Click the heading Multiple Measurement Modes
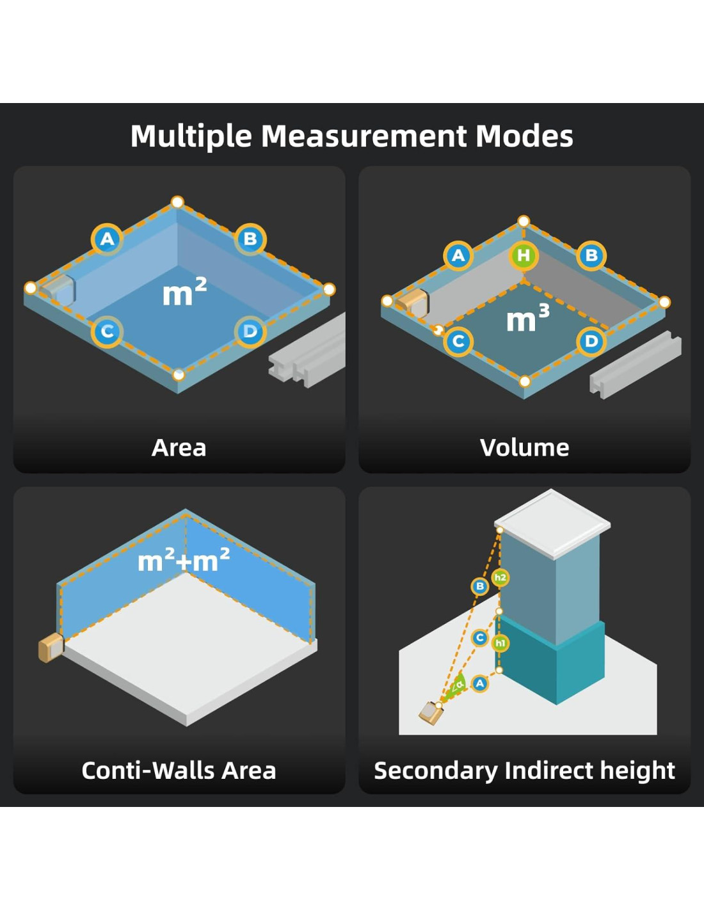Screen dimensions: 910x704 (351, 136)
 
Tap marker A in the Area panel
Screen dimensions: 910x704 (107, 239)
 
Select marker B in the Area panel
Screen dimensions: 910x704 (250, 239)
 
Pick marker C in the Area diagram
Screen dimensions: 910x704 (107, 331)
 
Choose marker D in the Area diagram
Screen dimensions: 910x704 (250, 331)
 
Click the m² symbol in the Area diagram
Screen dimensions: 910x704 (184, 292)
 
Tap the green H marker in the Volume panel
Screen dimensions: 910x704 (524, 255)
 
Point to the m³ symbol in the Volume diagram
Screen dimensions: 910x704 (527, 318)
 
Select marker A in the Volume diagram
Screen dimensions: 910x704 (458, 256)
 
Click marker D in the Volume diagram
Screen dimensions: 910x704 (591, 341)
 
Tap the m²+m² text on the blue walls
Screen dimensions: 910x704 (184, 561)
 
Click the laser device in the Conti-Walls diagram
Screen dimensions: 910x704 (51, 648)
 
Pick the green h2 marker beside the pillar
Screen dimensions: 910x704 (500, 577)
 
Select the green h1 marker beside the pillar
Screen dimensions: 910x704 (500, 643)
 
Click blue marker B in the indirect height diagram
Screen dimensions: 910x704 (479, 586)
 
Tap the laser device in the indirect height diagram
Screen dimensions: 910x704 (431, 712)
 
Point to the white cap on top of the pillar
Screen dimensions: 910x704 (552, 522)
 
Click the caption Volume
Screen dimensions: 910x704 (524, 447)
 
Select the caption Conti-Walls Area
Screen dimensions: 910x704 (179, 770)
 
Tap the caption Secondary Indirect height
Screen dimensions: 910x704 (524, 770)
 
